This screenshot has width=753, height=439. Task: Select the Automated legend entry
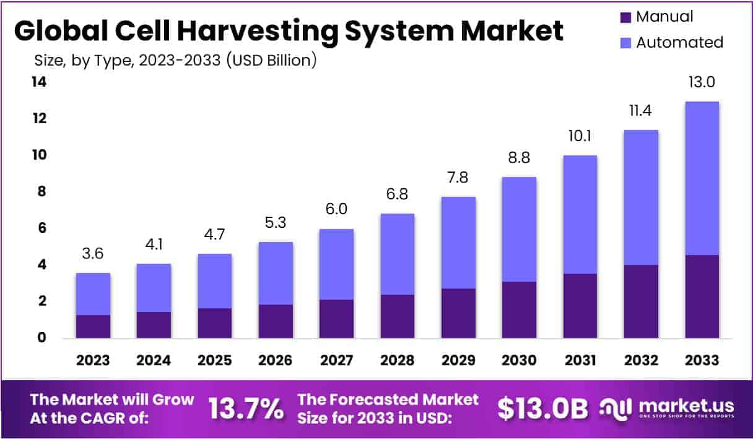(x=679, y=42)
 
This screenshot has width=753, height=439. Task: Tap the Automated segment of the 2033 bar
(x=702, y=178)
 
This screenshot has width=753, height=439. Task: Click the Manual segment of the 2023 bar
(x=93, y=326)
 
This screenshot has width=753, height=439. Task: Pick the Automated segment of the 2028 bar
(x=397, y=254)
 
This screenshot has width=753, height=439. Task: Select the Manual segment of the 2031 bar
(x=580, y=306)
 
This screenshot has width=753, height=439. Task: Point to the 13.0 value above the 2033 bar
(x=702, y=82)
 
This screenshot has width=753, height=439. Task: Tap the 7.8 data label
(x=458, y=178)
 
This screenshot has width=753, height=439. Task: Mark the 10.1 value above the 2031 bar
(x=580, y=136)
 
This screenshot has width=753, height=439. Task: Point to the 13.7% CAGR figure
(x=246, y=409)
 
